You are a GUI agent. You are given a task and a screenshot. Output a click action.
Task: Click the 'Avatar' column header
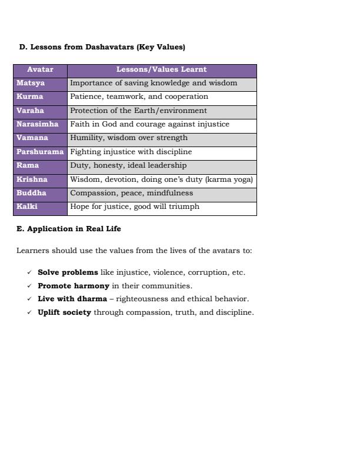pos(40,69)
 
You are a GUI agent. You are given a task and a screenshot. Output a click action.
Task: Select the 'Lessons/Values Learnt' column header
pos(161,69)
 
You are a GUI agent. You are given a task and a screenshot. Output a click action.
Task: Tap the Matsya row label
pos(31,83)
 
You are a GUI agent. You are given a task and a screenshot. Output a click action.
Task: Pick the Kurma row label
pos(29,96)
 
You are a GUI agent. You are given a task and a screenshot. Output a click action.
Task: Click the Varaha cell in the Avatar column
pos(30,111)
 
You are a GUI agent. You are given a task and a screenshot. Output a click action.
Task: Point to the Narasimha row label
pos(37,124)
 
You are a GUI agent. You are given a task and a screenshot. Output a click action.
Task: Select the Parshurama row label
pos(40,152)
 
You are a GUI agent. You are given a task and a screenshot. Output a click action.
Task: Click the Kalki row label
pos(27,207)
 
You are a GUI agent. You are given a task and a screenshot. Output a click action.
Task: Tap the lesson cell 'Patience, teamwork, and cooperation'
pos(139,96)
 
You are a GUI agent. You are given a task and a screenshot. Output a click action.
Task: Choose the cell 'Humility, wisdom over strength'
pos(129,138)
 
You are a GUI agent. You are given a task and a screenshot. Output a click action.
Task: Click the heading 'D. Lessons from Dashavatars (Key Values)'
pos(102,47)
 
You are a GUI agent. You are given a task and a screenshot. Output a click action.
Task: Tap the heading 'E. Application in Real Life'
pos(68,228)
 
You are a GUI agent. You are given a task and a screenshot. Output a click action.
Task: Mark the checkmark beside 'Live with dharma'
pos(29,299)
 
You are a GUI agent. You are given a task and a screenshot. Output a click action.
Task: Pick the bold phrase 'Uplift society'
pos(64,312)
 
